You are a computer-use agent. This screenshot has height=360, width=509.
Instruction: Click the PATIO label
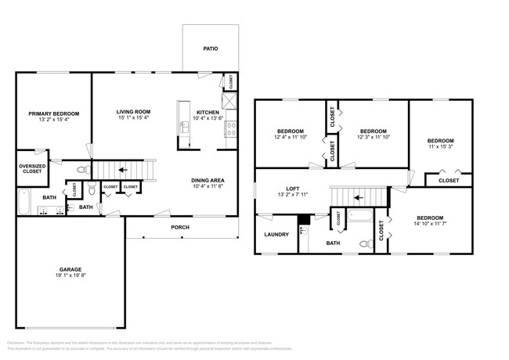(210, 49)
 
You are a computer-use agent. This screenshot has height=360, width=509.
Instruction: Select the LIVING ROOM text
(134, 112)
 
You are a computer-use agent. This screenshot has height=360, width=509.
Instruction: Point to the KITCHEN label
(208, 112)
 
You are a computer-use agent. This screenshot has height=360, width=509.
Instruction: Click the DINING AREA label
(208, 181)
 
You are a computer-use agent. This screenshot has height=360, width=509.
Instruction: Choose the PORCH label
(180, 228)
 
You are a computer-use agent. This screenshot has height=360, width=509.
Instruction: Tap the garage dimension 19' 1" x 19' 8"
(69, 275)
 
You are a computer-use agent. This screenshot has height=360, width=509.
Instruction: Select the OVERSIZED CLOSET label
(31, 167)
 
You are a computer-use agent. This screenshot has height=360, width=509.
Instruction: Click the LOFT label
(293, 189)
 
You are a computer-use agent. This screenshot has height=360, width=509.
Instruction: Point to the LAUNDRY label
(276, 234)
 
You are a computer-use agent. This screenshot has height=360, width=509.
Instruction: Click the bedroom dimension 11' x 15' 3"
(441, 147)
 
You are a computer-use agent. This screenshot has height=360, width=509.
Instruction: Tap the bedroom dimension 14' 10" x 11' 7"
(429, 224)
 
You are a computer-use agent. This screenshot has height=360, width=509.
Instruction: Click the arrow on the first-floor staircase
(121, 168)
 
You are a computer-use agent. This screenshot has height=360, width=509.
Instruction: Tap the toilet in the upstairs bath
(364, 244)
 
